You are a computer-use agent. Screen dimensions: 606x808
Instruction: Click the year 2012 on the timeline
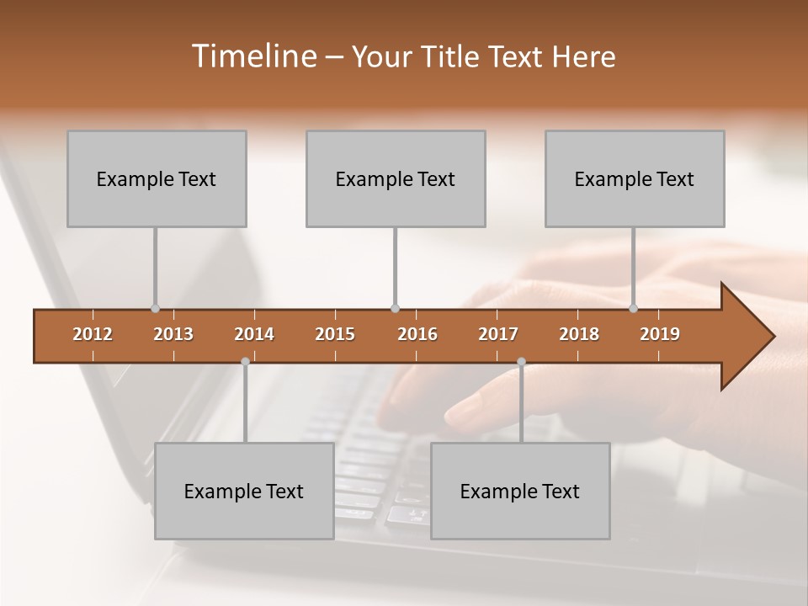[93, 334]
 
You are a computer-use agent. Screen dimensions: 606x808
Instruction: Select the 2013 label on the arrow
[173, 334]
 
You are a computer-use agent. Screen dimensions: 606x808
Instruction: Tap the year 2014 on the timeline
[254, 334]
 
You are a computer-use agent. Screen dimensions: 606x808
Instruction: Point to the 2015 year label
[335, 334]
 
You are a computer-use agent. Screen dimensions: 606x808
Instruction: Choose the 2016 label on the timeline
[417, 334]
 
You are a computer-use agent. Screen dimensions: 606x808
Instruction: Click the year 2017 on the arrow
[498, 334]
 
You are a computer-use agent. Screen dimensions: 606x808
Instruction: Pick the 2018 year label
[579, 334]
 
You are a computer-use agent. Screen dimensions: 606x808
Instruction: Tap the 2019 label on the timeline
[660, 334]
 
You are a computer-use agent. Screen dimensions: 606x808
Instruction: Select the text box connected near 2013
[157, 178]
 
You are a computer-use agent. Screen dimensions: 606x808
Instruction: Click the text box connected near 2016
[396, 178]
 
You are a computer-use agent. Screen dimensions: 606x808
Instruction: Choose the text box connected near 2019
[635, 178]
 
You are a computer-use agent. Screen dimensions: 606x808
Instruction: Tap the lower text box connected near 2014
[244, 491]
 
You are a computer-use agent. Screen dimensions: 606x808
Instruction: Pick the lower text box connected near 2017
[520, 491]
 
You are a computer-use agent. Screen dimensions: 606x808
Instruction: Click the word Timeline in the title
[253, 56]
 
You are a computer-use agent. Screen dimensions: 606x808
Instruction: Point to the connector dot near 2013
[155, 309]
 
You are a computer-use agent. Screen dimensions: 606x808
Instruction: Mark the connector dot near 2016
[395, 309]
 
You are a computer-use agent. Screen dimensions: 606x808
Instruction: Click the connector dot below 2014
[245, 361]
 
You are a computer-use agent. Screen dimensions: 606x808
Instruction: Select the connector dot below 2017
[521, 361]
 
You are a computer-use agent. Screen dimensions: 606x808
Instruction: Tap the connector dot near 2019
[633, 309]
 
